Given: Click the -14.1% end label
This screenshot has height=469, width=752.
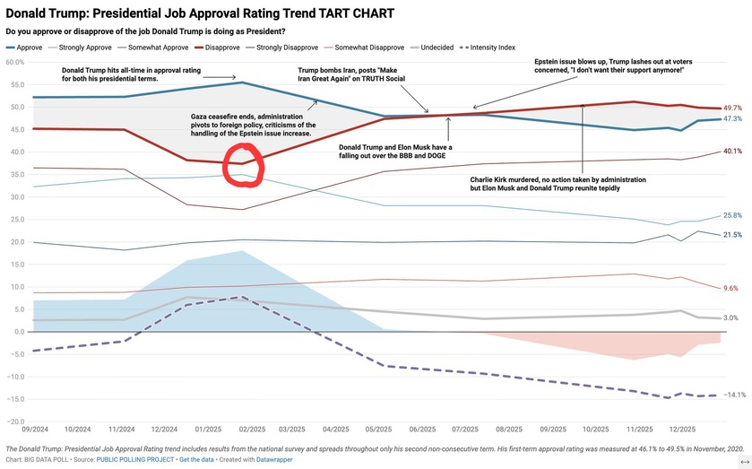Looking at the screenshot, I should tap(734, 395).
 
